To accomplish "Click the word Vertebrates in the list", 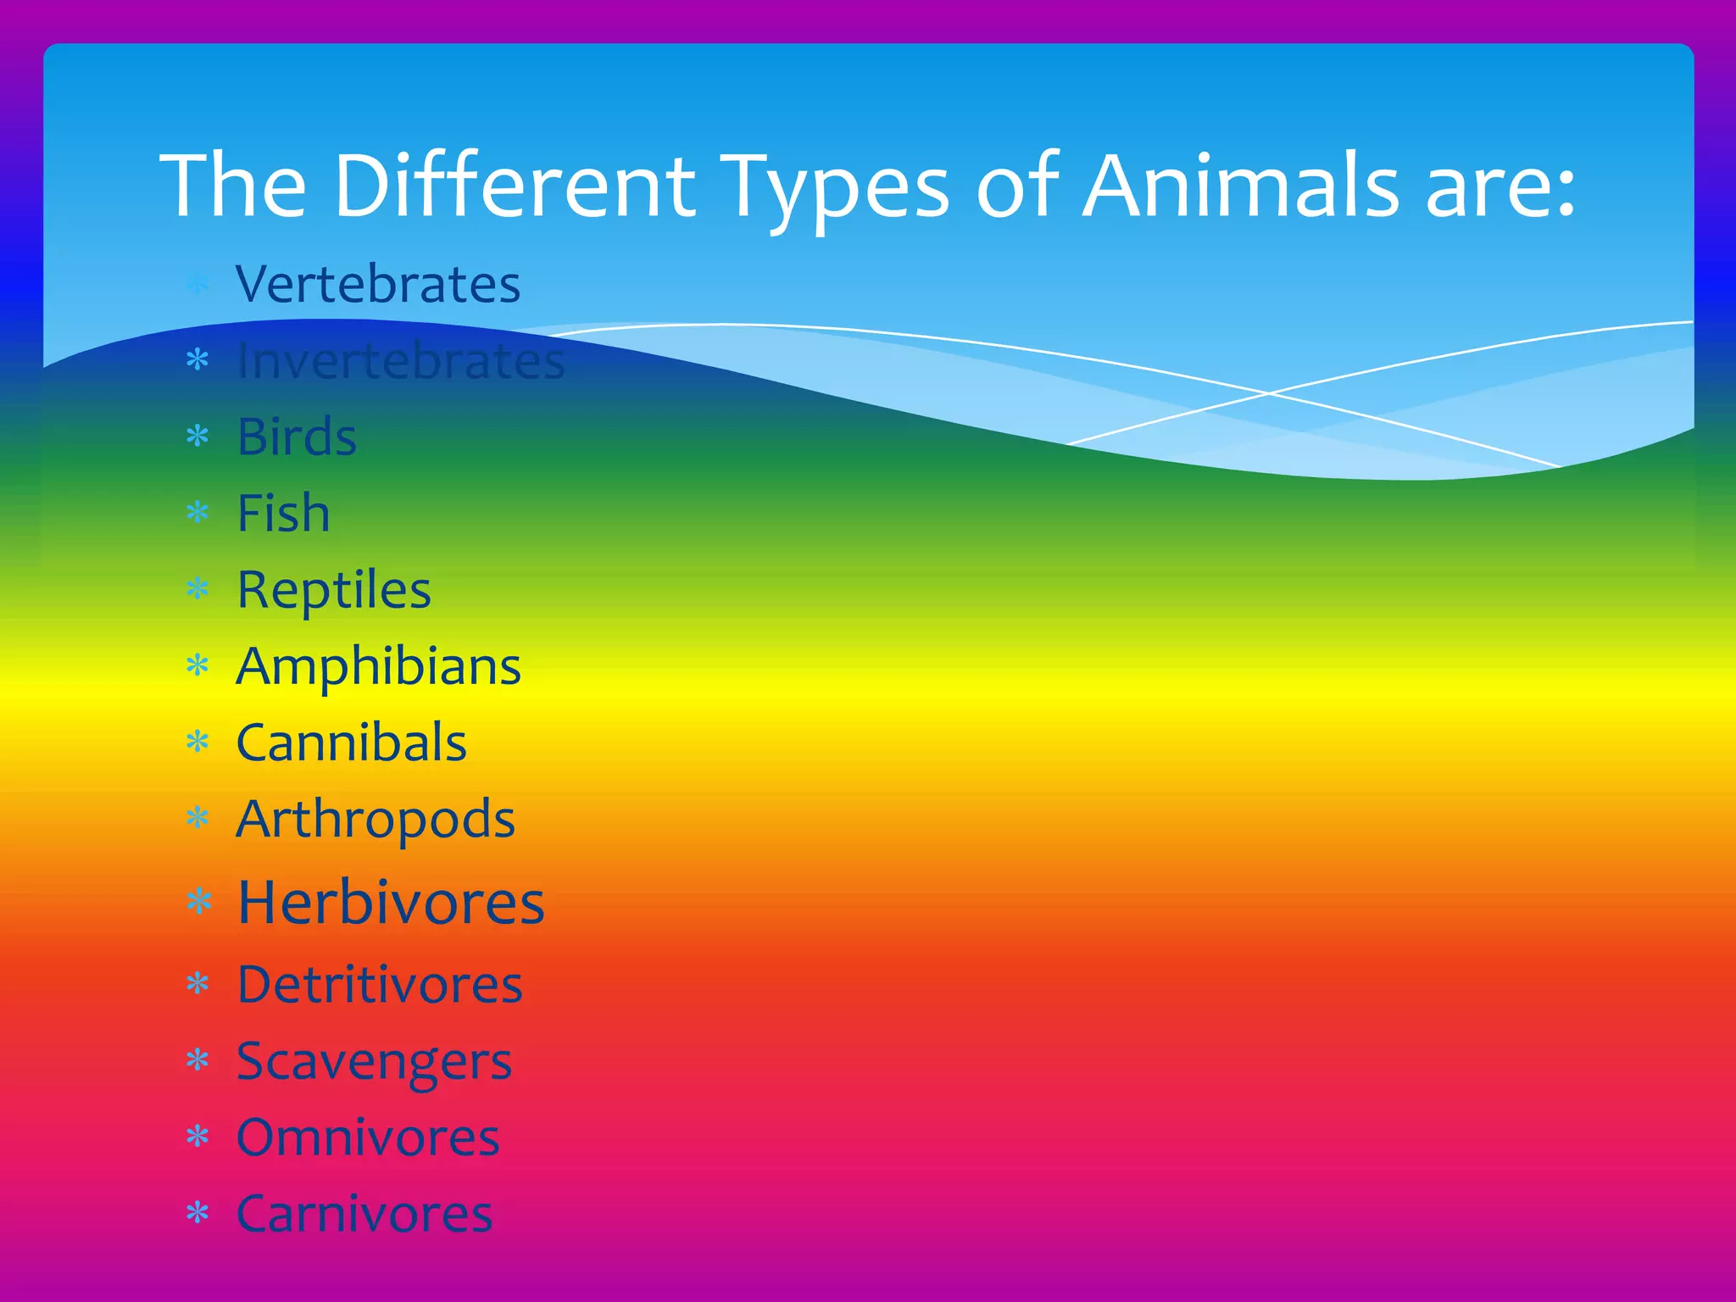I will [x=378, y=284].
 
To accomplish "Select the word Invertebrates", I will [x=400, y=360].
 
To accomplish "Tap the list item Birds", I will [x=297, y=437].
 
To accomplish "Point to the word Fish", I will [x=283, y=513].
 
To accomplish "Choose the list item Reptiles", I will [x=334, y=589].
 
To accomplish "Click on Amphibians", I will [x=378, y=666].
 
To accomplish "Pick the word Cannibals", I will [x=351, y=743].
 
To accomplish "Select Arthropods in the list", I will [x=376, y=820].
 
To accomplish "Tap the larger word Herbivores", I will [x=391, y=902].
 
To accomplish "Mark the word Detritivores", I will [x=380, y=984].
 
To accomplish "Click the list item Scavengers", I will [x=374, y=1061].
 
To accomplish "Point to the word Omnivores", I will [x=368, y=1138].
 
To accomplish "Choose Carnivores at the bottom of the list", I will [x=364, y=1214].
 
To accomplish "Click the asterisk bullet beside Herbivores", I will [x=198, y=902].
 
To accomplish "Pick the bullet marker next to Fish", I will [x=198, y=513].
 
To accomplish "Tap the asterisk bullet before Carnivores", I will [x=198, y=1214].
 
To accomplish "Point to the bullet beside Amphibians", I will [x=198, y=666].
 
